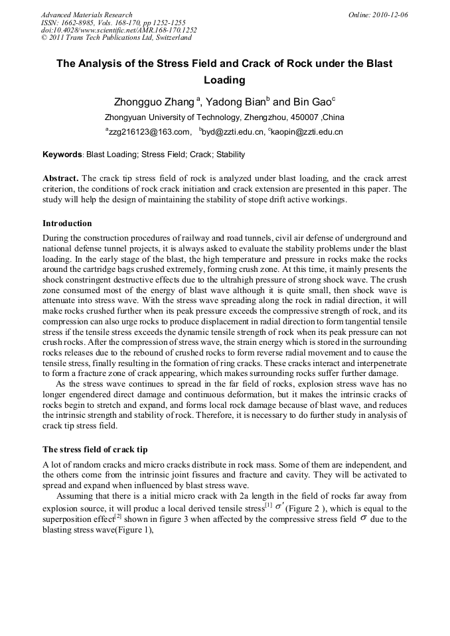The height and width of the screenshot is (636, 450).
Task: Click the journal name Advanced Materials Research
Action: click(86, 15)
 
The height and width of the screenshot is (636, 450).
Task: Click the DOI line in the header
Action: click(119, 30)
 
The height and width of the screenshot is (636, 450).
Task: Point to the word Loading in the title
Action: click(224, 80)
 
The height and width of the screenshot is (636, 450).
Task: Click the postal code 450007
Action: click(284, 117)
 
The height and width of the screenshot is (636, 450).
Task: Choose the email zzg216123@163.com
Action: click(149, 132)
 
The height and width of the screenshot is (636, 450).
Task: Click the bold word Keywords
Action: click(62, 155)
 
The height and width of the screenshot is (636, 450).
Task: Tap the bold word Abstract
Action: click(60, 179)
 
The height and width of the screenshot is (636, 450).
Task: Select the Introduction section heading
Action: click(67, 223)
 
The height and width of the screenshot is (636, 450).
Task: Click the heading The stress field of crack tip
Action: click(100, 450)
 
